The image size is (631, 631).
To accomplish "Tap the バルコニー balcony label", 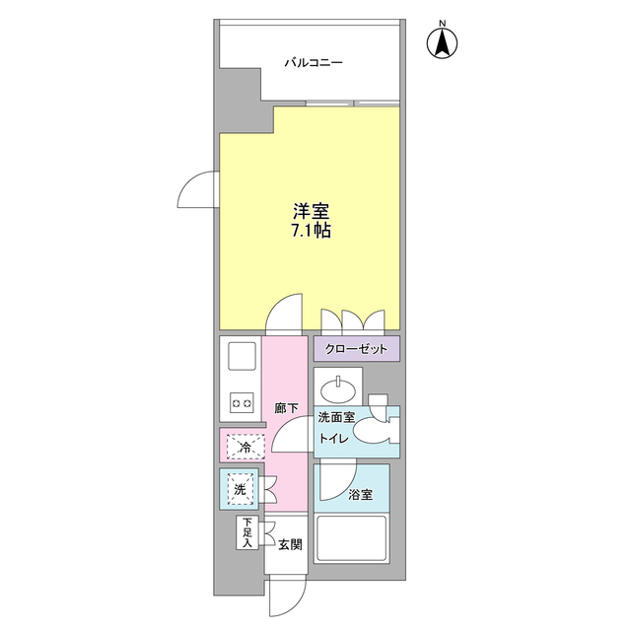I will pos(314,63).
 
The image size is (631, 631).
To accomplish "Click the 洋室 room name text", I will pos(310,211).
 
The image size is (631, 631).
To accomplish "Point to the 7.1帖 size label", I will pos(310,233).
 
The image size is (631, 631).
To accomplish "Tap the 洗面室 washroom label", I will pos(335,419).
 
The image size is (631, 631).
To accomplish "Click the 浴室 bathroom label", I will pos(360,496).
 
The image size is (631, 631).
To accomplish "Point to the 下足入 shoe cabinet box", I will pos(245,533).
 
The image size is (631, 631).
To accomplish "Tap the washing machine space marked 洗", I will pos(241,486).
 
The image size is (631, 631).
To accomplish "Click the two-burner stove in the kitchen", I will pos(241,402).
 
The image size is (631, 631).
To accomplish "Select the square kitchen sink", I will pos(241,357).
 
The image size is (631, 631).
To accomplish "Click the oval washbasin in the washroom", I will pos(339,384).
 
